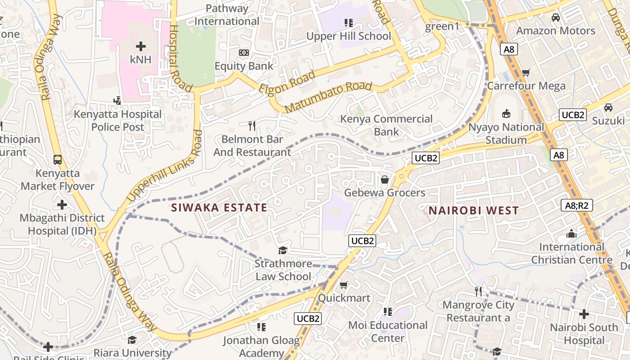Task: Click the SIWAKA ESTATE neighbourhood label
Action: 219,207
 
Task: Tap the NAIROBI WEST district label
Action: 473,210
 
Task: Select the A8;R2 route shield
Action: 577,206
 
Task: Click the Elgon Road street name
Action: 287,82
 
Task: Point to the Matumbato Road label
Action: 328,97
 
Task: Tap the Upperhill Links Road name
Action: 165,166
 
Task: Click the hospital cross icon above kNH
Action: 141,46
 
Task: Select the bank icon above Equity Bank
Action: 243,53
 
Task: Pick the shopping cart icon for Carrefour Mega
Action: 526,72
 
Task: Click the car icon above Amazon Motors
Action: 556,18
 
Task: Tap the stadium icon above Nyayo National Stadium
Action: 506,113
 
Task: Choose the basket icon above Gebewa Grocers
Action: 385,180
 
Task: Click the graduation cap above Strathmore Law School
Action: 283,250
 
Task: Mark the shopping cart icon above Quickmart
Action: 344,285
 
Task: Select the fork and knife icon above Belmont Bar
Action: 252,126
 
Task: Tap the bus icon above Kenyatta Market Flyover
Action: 58,159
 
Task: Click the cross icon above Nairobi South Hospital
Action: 584,314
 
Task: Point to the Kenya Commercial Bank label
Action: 386,125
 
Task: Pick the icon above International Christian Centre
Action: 571,234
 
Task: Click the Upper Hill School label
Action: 348,36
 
